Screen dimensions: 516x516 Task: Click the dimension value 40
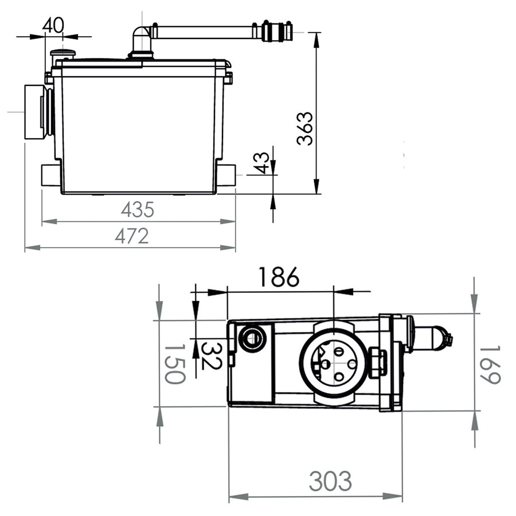point(53,25)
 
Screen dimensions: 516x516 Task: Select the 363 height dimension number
point(305,128)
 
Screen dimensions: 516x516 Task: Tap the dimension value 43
point(263,163)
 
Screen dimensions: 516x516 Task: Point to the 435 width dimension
point(138,210)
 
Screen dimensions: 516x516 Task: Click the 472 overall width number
point(132,236)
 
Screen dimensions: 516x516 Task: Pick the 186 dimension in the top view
point(279,277)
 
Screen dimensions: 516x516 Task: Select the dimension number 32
point(211,355)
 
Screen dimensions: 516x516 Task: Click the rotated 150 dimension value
point(175,364)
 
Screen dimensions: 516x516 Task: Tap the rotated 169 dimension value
point(490,364)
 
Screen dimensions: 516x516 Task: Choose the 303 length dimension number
point(330,482)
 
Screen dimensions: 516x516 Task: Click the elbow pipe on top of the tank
point(142,42)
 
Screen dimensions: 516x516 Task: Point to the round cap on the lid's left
point(62,54)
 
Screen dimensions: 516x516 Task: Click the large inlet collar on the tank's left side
point(37,112)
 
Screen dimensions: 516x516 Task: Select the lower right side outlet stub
point(226,175)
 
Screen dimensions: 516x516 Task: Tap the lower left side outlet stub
point(51,175)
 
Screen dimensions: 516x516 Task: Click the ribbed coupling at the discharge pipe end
point(277,32)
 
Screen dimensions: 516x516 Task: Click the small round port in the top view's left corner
point(252,338)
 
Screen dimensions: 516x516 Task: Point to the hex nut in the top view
point(377,362)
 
